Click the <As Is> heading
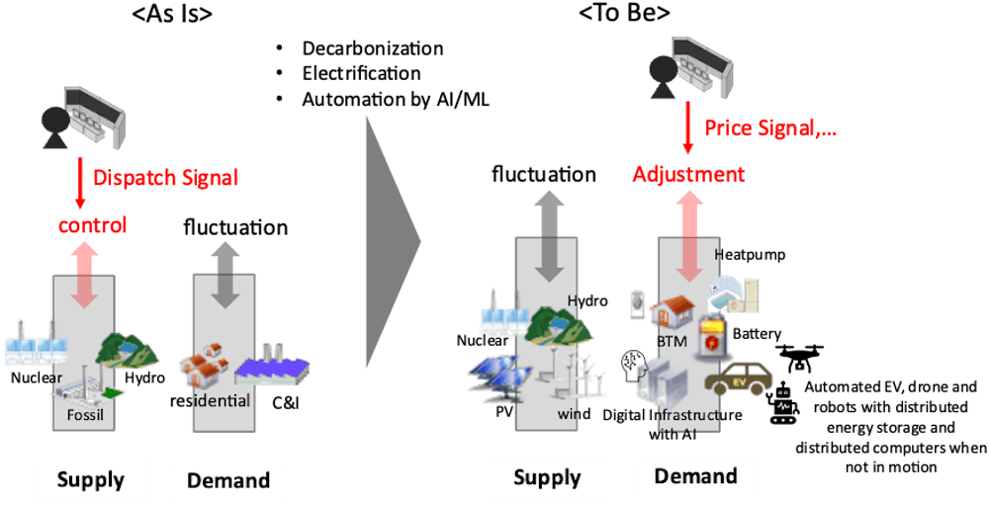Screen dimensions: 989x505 [x=171, y=13]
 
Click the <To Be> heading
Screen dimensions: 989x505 [x=624, y=13]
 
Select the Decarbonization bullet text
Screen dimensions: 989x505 [x=372, y=48]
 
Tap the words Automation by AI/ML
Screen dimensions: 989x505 [x=396, y=100]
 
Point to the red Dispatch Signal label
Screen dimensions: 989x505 [x=166, y=178]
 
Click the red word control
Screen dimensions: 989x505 [x=92, y=225]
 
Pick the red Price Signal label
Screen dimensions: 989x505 [x=770, y=128]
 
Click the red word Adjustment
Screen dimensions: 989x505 [x=688, y=174]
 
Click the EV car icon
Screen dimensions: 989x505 [x=738, y=379]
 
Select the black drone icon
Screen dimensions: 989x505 [x=800, y=358]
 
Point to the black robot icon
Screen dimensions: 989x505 [x=782, y=403]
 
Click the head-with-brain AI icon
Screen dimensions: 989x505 [x=635, y=368]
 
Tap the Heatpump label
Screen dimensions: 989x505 [x=750, y=255]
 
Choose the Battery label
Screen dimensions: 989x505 [x=757, y=333]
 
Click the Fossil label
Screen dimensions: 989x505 [x=85, y=415]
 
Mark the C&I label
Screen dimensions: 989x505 [x=286, y=402]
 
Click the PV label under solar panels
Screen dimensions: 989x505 [x=504, y=412]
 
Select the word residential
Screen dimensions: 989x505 [x=210, y=400]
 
